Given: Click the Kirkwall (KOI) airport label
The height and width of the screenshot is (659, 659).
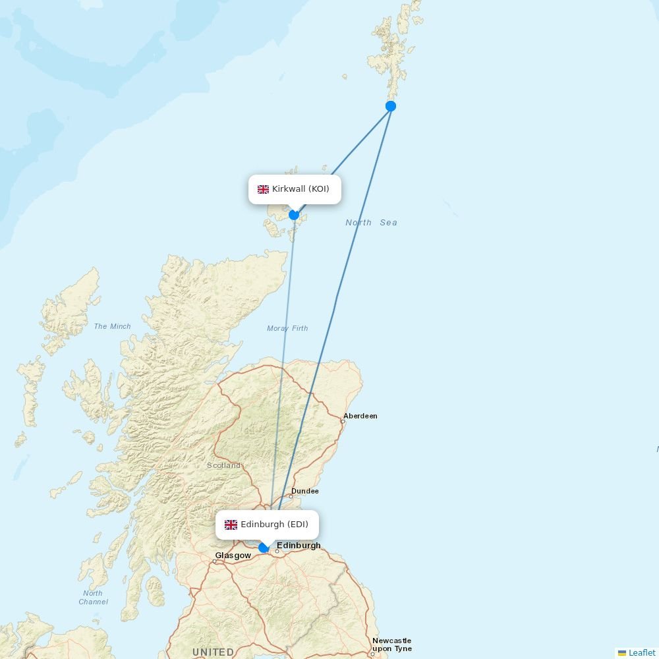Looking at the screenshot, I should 295,189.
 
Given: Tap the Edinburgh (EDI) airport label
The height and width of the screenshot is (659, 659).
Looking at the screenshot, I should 267,525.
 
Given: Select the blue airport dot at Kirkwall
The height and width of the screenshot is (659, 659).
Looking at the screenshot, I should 294,215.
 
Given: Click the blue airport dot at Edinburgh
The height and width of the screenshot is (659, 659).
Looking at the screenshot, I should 264,548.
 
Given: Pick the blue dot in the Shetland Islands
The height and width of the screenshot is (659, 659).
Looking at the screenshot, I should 391,106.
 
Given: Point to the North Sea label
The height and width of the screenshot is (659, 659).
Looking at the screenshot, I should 371,223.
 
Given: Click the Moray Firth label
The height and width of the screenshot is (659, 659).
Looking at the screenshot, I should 287,328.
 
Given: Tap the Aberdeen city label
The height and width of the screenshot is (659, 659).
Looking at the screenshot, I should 360,416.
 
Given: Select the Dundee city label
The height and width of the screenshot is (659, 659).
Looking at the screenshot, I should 305,491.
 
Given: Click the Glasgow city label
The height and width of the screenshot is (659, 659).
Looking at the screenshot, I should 233,556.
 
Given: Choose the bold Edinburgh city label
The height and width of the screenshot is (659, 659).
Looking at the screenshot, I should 299,545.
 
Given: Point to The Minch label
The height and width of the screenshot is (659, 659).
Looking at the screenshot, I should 112,326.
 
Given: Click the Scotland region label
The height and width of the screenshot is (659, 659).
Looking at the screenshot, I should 224,465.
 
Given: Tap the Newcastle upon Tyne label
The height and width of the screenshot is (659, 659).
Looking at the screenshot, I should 391,645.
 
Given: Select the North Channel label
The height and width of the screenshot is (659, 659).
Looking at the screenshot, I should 93,597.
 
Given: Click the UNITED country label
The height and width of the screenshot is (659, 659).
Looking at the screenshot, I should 213,652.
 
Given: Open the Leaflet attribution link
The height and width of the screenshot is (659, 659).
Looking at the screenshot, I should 641,652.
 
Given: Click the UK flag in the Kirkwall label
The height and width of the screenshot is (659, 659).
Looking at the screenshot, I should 263,189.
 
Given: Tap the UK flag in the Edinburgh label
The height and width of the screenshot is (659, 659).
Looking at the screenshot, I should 231,525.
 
